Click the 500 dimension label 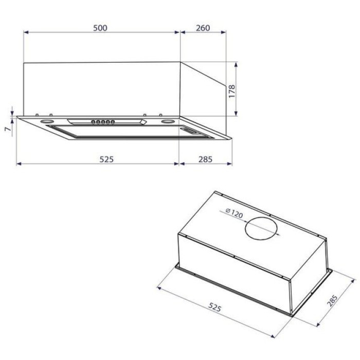(100, 28)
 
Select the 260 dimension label (203, 28)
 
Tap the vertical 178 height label (232, 91)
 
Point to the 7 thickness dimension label (8, 129)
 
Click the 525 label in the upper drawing (106, 159)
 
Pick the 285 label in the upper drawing (206, 159)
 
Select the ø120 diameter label (234, 213)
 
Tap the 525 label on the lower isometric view (214, 307)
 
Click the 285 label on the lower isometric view (332, 300)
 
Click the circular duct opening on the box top (261, 228)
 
